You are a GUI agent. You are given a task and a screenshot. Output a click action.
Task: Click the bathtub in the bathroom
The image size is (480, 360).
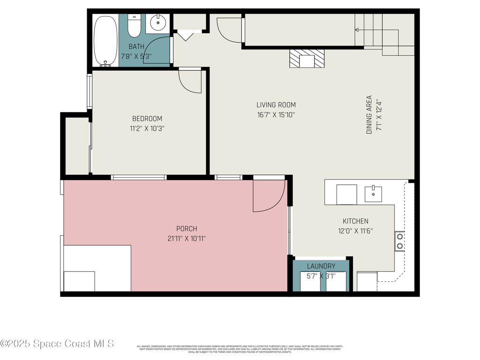pyautogui.click(x=105, y=40)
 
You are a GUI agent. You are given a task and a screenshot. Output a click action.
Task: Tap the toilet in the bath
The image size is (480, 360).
pyautogui.click(x=134, y=26)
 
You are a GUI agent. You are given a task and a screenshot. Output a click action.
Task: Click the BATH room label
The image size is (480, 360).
pyautogui.click(x=136, y=46)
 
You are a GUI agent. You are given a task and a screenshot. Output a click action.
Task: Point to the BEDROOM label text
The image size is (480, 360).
pyautogui.click(x=147, y=119)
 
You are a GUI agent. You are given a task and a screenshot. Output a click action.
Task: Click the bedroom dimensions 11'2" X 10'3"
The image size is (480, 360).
pyautogui.click(x=147, y=128)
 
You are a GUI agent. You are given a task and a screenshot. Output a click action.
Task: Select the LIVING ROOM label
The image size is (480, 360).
pyautogui.click(x=276, y=105)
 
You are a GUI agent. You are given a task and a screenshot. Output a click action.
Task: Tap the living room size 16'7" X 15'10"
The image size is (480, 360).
pyautogui.click(x=276, y=114)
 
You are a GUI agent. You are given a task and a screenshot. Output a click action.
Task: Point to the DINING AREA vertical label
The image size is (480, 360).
pyautogui.click(x=369, y=115)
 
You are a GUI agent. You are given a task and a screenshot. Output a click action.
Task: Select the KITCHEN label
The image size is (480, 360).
pyautogui.click(x=355, y=221)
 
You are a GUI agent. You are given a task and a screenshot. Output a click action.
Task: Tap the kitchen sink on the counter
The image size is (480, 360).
pyautogui.click(x=373, y=193)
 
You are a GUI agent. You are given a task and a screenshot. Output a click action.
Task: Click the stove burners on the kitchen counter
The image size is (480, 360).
pyautogui.click(x=400, y=241)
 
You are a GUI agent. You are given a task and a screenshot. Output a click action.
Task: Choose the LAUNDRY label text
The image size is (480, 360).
pyautogui.click(x=321, y=266)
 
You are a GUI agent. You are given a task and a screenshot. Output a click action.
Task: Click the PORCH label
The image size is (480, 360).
pyautogui.click(x=187, y=229)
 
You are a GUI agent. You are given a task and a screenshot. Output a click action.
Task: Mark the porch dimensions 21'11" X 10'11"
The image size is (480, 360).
pyautogui.click(x=187, y=238)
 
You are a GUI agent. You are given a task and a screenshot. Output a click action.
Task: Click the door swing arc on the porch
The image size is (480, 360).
pyautogui.click(x=269, y=195)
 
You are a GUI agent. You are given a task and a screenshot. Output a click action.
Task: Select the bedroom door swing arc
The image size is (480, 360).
pyautogui.click(x=190, y=81)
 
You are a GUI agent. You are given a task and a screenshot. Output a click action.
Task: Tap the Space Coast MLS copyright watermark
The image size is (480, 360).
pyautogui.click(x=57, y=344)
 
